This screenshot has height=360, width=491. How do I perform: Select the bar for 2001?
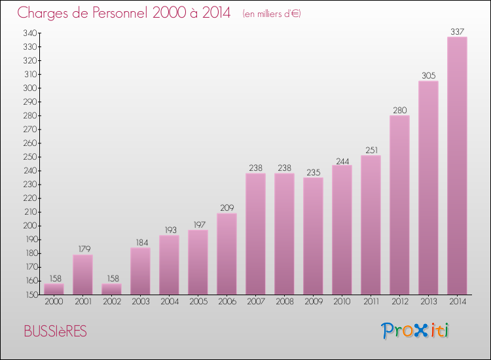[82, 274]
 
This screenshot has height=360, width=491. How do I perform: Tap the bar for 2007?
[255, 234]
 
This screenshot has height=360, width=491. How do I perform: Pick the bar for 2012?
[399, 205]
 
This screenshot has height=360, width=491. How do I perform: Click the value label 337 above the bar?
[457, 31]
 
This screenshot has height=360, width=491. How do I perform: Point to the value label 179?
[82, 249]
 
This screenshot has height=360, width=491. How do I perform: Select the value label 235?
[313, 172]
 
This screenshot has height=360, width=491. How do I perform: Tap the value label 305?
[428, 75]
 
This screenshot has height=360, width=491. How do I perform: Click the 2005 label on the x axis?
[198, 302]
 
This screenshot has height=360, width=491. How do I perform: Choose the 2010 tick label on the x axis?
[342, 302]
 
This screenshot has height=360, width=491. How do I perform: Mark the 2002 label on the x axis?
[111, 302]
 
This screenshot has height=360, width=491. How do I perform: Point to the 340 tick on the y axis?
[29, 33]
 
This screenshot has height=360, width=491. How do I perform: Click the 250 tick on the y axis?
[29, 157]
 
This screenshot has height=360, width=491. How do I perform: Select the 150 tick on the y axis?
[29, 295]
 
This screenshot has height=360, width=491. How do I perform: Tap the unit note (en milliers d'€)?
[271, 14]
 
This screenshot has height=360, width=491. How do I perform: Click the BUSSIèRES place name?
[55, 331]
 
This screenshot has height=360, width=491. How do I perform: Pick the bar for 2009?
[313, 236]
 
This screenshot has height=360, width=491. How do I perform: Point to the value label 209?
[227, 207]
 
